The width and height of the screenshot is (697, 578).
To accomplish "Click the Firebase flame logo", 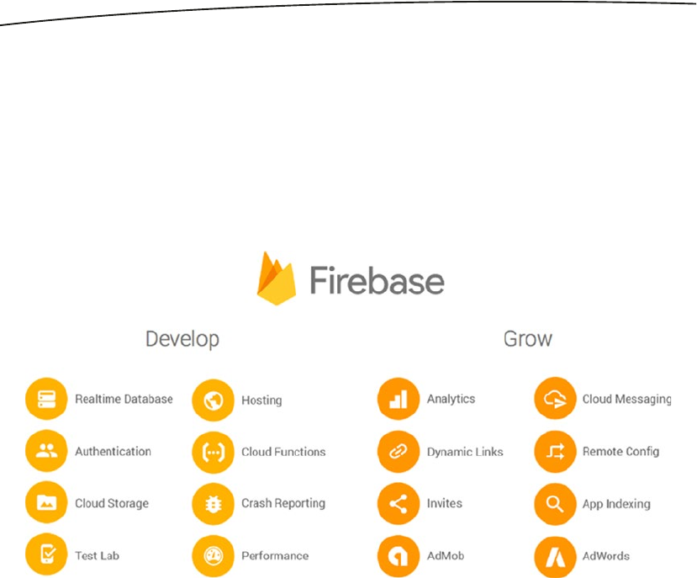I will (277, 278).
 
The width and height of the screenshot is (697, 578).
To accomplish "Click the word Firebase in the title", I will (377, 280).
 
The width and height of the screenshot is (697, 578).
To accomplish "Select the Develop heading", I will (182, 339).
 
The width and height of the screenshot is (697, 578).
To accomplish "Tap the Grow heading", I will (528, 339).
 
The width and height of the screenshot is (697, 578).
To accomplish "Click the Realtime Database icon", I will (47, 400).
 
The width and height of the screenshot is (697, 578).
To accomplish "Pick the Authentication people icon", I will (47, 452).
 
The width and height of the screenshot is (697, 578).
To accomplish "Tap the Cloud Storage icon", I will (47, 504).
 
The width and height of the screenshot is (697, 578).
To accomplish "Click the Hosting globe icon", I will (214, 400).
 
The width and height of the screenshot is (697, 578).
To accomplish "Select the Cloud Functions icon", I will (214, 452).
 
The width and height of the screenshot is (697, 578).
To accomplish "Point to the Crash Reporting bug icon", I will (214, 504).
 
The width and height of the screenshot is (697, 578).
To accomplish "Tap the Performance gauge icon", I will (214, 556).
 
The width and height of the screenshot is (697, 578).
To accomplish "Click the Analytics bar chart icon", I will (399, 400).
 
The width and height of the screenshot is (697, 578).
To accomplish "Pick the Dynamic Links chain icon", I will (399, 452).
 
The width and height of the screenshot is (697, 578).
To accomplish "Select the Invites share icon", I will (399, 504).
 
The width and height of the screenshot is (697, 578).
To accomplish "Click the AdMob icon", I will (399, 556).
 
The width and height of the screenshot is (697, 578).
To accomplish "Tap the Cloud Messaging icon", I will (555, 400).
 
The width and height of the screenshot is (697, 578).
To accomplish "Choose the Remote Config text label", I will (620, 452).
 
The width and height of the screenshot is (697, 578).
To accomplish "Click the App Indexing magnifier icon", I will (555, 504).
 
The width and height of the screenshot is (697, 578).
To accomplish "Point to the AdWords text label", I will (606, 556).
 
